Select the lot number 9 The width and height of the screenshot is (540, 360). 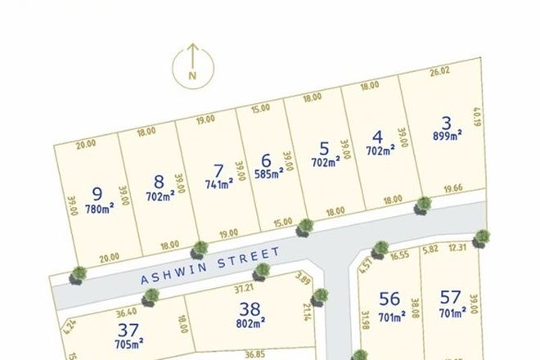pos(97,194)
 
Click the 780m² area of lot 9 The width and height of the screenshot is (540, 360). pos(97,207)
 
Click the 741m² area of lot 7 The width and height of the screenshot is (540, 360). pos(218,183)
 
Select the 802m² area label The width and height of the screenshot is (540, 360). pos(250,323)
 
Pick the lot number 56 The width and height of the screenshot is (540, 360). pos(390,299)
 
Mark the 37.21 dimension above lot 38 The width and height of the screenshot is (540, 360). pos(244,289)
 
